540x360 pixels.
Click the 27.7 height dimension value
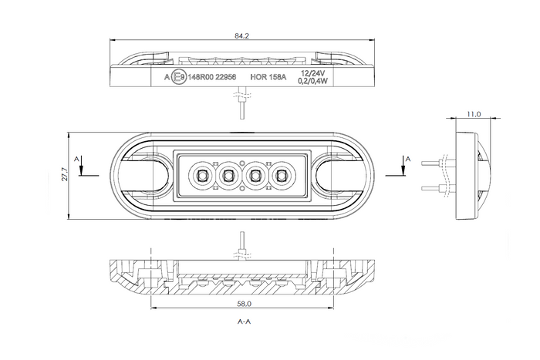click(x=66, y=177)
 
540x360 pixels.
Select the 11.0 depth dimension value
click(x=474, y=114)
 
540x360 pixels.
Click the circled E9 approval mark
click(x=178, y=77)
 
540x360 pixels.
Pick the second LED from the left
click(x=228, y=176)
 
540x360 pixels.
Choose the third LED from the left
click(x=255, y=176)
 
